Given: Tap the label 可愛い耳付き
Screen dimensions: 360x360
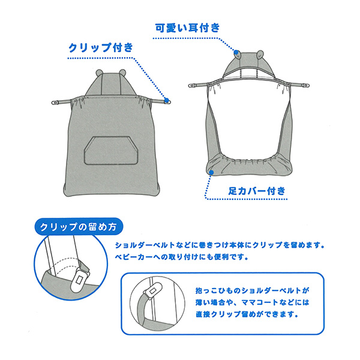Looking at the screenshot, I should [188, 27].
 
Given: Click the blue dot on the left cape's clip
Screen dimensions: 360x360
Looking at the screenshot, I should [167, 100].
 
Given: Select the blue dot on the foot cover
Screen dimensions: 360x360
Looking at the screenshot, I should [211, 172].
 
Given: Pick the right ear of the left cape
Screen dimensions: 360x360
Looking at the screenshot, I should [122, 73].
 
